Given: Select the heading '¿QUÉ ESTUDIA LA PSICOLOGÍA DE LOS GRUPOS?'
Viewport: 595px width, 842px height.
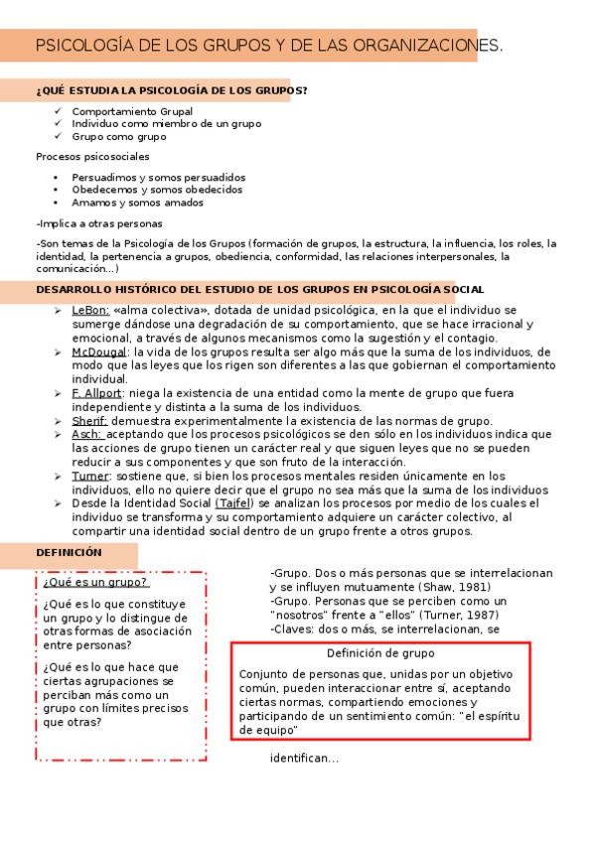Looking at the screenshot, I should (171, 91).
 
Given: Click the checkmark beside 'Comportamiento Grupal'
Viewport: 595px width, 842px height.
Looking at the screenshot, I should (59, 111).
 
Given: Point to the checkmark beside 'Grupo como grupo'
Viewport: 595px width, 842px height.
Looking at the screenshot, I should (59, 136).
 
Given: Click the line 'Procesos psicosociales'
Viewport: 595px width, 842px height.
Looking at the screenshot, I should (92, 157).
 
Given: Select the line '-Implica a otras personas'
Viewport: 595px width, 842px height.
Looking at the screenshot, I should (98, 223).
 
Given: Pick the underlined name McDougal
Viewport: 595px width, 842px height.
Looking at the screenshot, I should (99, 351).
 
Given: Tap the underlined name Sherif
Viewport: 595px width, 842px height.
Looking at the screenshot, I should (89, 421).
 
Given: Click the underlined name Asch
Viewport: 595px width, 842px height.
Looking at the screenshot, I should (86, 435).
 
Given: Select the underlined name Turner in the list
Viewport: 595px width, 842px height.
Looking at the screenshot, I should (90, 477).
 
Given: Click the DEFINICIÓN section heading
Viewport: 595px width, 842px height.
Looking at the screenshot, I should (69, 552).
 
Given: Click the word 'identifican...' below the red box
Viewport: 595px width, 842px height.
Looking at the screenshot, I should (304, 760).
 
